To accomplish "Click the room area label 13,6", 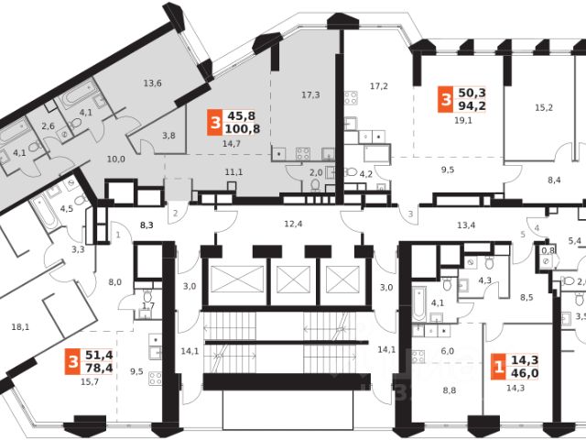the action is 153,84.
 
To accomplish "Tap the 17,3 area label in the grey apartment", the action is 310,94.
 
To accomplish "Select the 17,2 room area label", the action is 379,86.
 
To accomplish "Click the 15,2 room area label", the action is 544,107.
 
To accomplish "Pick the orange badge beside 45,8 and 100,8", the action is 215,121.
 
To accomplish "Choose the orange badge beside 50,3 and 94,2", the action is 445,97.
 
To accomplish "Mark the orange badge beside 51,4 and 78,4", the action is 71,363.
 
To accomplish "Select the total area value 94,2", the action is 473,104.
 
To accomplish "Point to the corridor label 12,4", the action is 292,225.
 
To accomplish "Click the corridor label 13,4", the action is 466,225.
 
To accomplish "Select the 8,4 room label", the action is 554,181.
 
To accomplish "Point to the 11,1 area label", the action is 233,172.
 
